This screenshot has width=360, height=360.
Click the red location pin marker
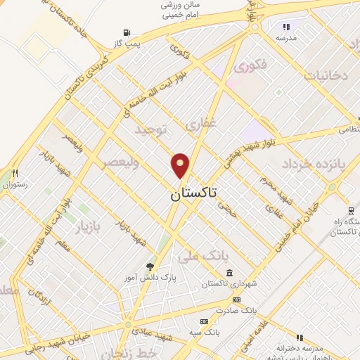pos(180,165)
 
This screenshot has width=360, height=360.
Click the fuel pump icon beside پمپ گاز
pos(127,33)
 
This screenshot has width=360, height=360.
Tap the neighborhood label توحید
pos(153,131)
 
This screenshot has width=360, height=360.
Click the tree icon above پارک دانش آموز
pos(150,266)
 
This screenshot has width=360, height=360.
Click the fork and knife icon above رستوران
pos(14,173)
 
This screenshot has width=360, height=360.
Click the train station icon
pos(349,210)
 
